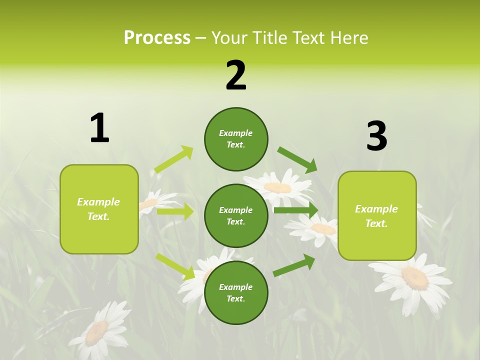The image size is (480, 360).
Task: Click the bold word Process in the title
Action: coord(157,38)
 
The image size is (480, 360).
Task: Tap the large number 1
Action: coord(99,128)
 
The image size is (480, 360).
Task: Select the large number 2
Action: coord(236,75)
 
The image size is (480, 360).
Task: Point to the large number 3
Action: coord(376,136)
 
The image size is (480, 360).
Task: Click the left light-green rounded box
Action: coord(99,209)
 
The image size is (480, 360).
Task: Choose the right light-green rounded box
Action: coord(377,216)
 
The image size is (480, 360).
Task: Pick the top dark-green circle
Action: coord(236,139)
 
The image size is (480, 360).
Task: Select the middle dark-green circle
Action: coord(236,216)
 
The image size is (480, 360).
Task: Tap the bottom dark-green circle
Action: coord(236,293)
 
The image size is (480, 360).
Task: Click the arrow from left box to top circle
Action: coord(174,159)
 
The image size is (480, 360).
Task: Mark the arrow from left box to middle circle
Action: coord(175,211)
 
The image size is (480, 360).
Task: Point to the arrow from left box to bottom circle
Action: coord(175,266)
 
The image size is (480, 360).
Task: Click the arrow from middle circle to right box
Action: coord(296,210)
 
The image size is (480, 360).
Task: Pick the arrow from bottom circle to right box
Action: coord(294,265)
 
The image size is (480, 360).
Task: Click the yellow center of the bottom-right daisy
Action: coord(415,278)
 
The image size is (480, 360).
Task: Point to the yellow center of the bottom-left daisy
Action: coord(96,332)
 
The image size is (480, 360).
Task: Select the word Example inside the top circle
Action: coord(236,133)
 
